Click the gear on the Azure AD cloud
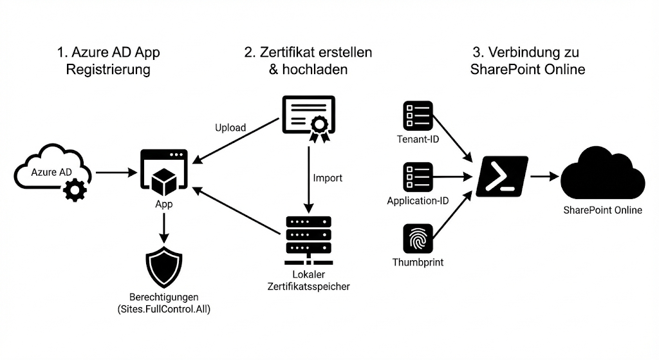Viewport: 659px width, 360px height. [76, 190]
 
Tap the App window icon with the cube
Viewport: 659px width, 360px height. [163, 172]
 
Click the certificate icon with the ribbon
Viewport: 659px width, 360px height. [309, 118]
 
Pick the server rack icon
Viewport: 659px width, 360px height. [308, 239]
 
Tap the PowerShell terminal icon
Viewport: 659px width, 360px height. [502, 175]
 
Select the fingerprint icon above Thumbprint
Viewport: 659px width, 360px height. [418, 239]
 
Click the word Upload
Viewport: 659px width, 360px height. [230, 128]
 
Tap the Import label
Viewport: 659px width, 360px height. [328, 178]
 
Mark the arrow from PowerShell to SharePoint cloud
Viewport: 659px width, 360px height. [544, 175]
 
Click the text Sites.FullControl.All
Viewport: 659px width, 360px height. [164, 310]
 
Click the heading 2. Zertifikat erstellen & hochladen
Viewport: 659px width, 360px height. [308, 61]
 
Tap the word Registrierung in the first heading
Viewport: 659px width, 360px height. [108, 70]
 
